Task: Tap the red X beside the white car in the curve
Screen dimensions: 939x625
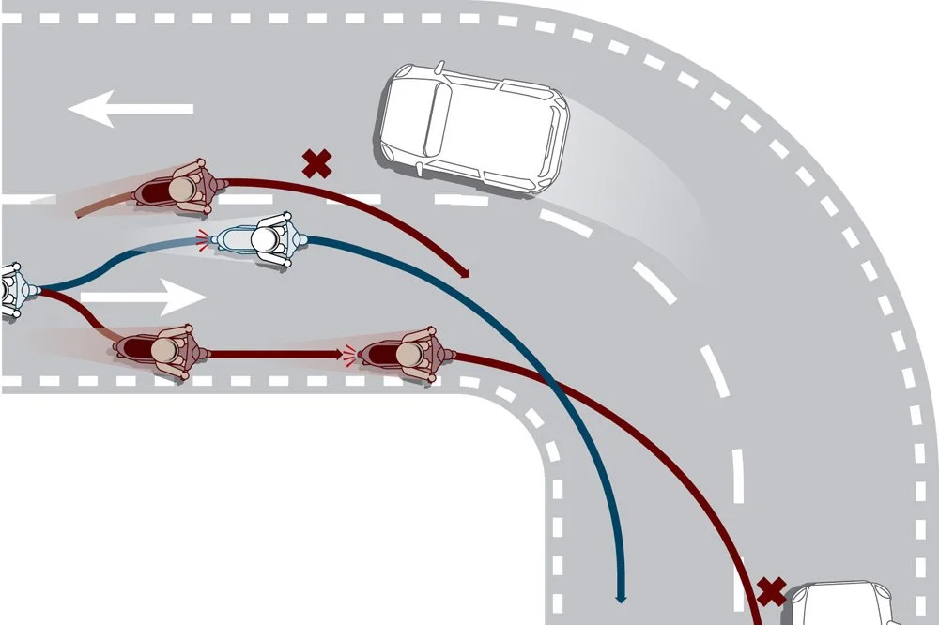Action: point(317,164)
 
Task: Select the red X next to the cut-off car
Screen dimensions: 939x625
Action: point(771,591)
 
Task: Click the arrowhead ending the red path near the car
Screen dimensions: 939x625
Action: point(464,273)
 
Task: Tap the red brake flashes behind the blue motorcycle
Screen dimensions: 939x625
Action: point(202,240)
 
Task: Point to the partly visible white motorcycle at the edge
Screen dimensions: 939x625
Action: point(11,290)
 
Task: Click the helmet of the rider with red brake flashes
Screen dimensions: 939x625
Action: point(409,354)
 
